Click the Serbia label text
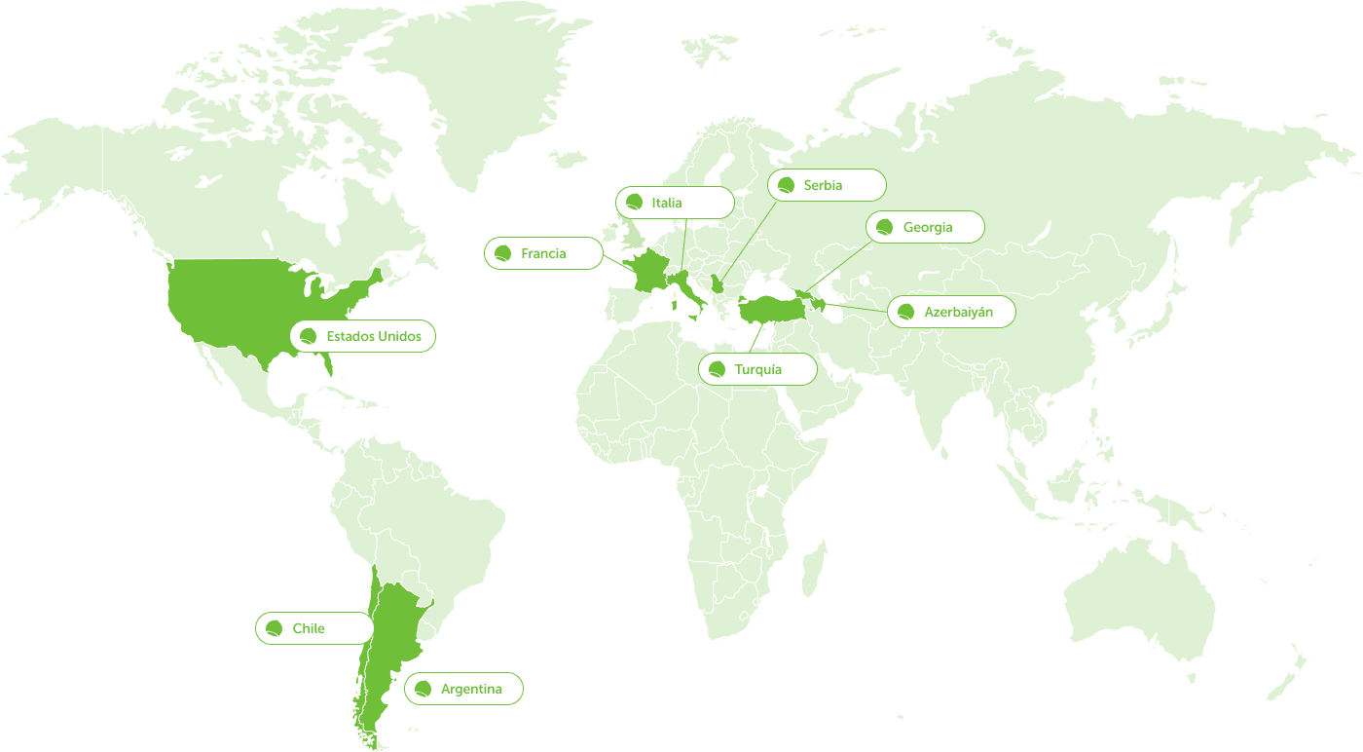point(823,185)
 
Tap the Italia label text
point(667,203)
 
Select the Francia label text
point(543,253)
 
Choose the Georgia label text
point(928,227)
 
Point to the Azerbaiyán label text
point(959,312)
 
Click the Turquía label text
point(758,369)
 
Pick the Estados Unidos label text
point(374,336)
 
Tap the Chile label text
point(309,628)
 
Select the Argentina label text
point(471,689)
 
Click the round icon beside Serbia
point(787,185)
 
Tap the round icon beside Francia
point(503,253)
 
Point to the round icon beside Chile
point(275,628)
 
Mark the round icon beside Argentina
point(424,689)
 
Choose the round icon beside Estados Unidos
point(309,336)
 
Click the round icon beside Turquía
point(718,369)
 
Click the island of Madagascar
point(814,571)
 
